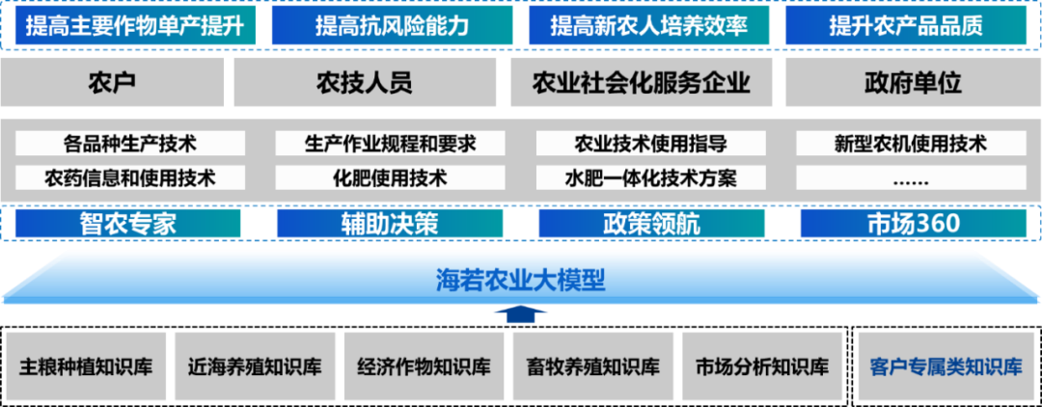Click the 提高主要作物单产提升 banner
(x=135, y=25)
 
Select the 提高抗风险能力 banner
(x=392, y=25)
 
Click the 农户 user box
(x=111, y=83)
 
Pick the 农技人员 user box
(x=364, y=83)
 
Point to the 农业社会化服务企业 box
(x=641, y=83)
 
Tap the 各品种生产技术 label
(x=130, y=145)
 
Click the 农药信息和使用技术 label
(x=130, y=177)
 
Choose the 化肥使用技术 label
(x=390, y=177)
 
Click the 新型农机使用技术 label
(x=910, y=145)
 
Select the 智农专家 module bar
(x=128, y=224)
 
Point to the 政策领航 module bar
(x=651, y=224)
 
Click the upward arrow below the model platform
(x=520, y=313)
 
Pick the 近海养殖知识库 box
(x=255, y=367)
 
